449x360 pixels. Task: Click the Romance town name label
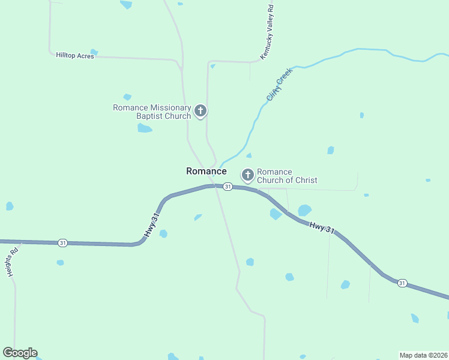[206, 171]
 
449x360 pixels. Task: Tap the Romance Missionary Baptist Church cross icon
[200, 110]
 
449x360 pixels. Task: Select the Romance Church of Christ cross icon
[247, 175]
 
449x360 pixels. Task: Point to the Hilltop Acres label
[75, 55]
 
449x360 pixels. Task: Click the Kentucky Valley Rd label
[267, 32]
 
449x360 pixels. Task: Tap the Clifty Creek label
[279, 85]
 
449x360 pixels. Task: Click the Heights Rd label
[13, 263]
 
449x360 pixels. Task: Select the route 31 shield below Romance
[228, 187]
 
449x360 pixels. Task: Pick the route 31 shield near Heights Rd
[62, 243]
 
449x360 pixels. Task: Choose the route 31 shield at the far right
[402, 283]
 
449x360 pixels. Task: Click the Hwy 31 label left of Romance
[153, 224]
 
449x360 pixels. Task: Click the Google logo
[20, 353]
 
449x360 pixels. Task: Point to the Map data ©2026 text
[423, 355]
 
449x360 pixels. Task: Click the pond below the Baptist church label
[144, 128]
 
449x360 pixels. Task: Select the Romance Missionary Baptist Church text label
[152, 112]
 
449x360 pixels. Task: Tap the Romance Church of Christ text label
[287, 176]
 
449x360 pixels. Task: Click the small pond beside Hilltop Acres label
[94, 52]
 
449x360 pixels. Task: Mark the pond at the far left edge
[10, 206]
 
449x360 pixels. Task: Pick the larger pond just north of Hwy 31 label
[304, 210]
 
